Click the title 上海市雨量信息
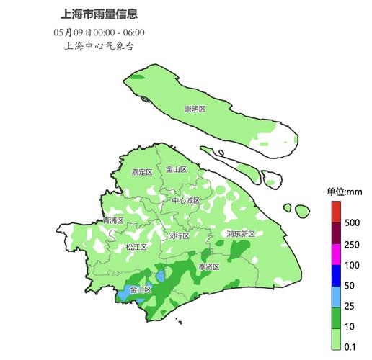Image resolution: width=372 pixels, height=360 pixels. coord(99,14)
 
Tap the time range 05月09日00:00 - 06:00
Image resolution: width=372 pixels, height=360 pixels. coord(99,32)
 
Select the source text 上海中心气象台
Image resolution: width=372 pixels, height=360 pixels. coord(99,46)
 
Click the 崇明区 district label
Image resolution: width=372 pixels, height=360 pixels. coord(195,109)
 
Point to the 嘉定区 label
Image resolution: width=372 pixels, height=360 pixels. coord(141,172)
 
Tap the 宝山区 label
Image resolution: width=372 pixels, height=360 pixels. coord(177,169)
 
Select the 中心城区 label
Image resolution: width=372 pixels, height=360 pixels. coord(186,200)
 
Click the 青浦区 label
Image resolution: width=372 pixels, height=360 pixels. coord(112,220)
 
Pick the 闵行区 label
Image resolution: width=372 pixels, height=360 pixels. coord(178,235)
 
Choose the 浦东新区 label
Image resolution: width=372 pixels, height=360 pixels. coord(240,234)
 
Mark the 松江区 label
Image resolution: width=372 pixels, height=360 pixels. coord(136,247)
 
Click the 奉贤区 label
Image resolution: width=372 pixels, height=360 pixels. coord(209,266)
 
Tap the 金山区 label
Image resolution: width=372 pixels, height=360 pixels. coord(141,289)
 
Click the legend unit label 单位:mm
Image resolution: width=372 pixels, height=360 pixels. coord(345,191)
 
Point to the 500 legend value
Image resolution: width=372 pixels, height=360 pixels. coord(353,222)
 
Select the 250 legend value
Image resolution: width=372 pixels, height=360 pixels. coord(353,245)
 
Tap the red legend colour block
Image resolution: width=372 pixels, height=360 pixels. coord(336,212)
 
